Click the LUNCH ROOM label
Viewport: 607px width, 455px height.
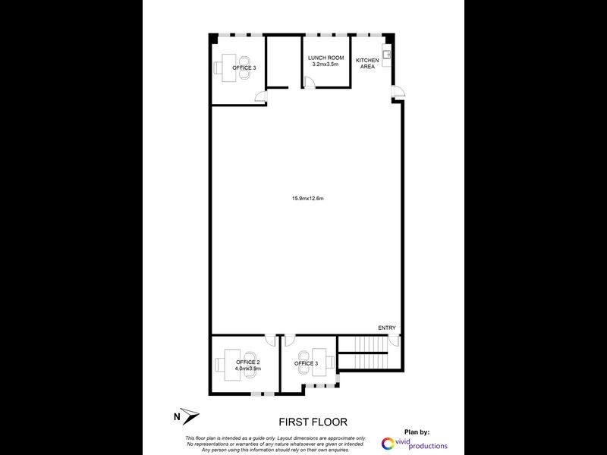pos(326,58)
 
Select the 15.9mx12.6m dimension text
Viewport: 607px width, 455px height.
pos(307,199)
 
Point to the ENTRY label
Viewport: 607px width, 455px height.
pos(387,328)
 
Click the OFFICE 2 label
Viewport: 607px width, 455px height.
pos(248,362)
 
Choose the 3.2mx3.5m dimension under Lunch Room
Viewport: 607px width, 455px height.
pos(326,64)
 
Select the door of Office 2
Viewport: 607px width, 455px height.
pos(270,340)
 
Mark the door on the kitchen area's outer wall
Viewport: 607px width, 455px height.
pos(398,93)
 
